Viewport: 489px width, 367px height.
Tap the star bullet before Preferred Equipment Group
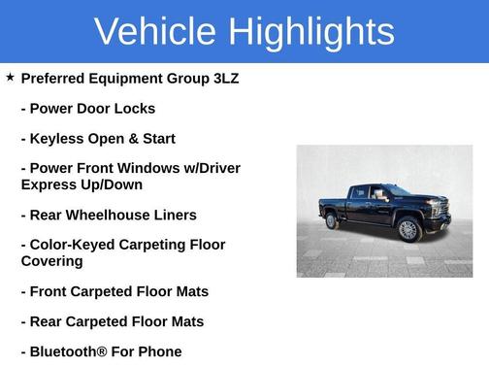tap(10, 77)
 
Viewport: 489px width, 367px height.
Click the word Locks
tap(135, 109)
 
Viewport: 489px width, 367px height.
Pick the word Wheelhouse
tap(113, 215)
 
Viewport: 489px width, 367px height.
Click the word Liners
tap(175, 215)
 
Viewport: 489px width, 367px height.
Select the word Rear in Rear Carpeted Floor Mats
tap(49, 321)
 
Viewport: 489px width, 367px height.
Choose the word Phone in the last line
tap(160, 351)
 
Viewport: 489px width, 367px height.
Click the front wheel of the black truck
tap(408, 230)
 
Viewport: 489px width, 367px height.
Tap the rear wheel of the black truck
tap(332, 220)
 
